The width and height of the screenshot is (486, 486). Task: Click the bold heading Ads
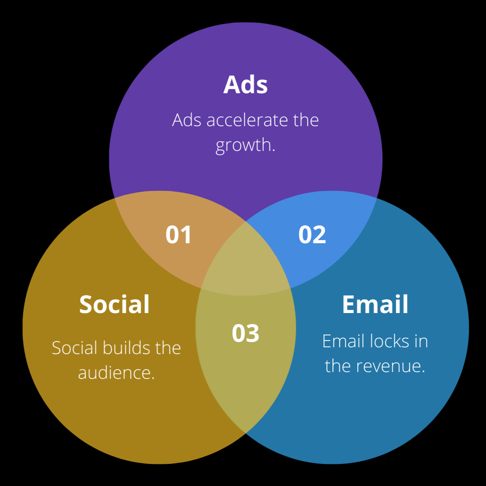click(245, 85)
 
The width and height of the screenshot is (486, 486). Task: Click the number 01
click(179, 235)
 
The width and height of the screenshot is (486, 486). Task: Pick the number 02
click(312, 235)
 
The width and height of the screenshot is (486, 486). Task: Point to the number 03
click(245, 333)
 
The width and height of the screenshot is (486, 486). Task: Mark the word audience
click(116, 372)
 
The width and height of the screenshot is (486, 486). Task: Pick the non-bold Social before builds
click(75, 348)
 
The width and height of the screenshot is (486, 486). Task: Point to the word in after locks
click(421, 341)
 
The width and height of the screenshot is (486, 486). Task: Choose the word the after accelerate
click(306, 120)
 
